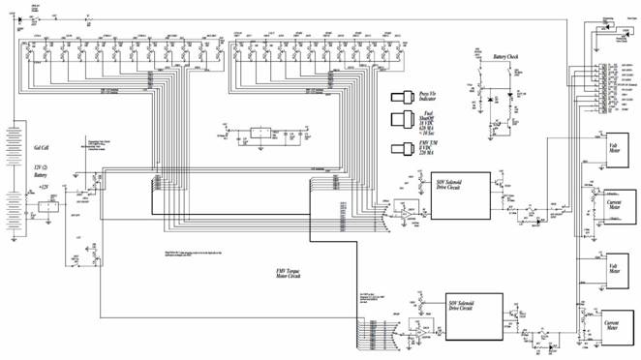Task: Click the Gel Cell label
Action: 42,149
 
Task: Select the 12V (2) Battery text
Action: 43,172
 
